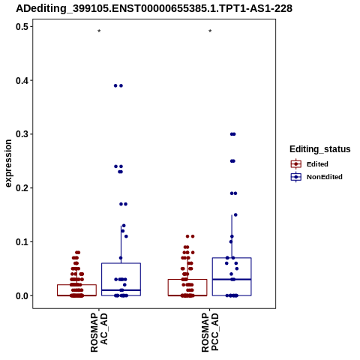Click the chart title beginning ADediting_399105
(x=154, y=9)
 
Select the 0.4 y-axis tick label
(x=22, y=80)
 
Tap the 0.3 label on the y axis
(x=22, y=134)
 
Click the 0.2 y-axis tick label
(x=22, y=188)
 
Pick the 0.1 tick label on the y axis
(x=22, y=241)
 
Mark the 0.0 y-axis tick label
(x=22, y=295)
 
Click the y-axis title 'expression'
(x=8, y=163)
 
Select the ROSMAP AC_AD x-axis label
(x=99, y=332)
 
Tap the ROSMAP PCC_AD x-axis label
(x=210, y=332)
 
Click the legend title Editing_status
(x=320, y=149)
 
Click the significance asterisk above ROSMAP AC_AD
(x=99, y=31)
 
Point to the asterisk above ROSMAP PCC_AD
(x=210, y=31)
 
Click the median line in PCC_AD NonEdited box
(x=232, y=279)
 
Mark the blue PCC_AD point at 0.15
(x=235, y=215)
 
